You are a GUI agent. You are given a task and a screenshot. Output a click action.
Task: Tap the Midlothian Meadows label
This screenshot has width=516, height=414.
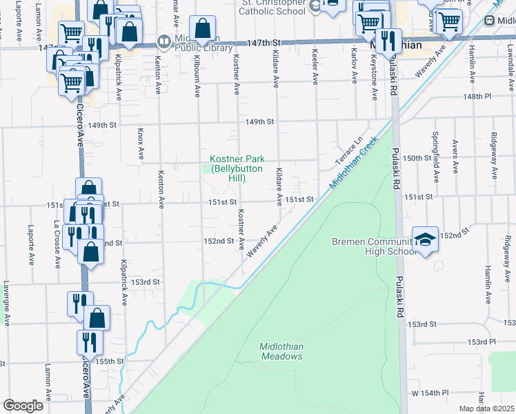tap(281, 351)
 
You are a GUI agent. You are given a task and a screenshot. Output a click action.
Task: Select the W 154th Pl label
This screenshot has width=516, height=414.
tap(430, 392)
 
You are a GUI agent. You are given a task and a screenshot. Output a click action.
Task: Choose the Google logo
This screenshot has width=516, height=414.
tap(23, 406)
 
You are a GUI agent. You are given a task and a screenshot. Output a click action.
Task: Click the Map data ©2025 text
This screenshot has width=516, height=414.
tap(486, 408)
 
